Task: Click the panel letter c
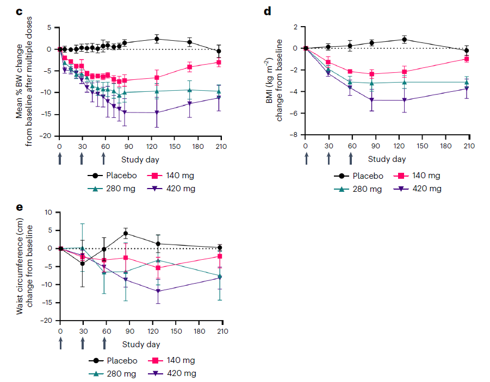point(18,11)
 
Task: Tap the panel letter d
point(267,11)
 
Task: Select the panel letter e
point(18,206)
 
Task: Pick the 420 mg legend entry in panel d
point(420,189)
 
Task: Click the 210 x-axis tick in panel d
point(469,146)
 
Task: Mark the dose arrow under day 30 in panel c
point(82,158)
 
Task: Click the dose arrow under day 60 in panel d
point(351,158)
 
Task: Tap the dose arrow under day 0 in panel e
point(60,343)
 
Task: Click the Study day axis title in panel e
point(141,344)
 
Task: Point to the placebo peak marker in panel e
point(126,234)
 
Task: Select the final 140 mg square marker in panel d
point(467,59)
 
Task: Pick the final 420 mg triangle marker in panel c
point(219,98)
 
